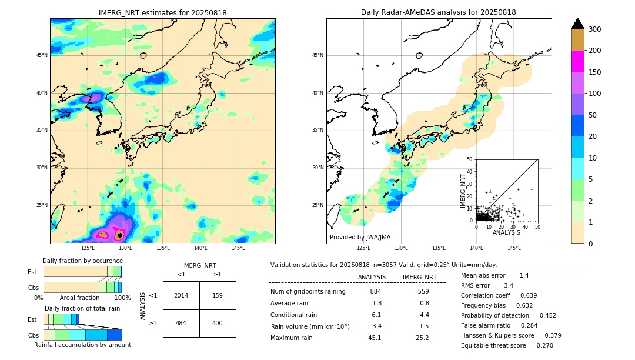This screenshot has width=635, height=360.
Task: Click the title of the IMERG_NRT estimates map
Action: [x=162, y=12]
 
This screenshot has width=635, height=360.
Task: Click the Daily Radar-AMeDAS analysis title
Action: [x=438, y=12]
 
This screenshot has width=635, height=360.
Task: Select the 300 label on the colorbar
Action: [x=595, y=29]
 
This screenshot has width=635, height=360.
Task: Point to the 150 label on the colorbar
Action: [x=595, y=72]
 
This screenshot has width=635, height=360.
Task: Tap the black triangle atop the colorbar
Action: [x=578, y=24]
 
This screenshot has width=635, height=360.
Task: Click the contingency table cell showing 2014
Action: [x=181, y=295]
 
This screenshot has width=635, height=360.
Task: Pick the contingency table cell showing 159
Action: [x=218, y=295]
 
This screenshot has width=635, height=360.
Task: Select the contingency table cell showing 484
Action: [x=181, y=323]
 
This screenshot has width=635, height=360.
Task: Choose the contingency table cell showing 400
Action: [x=218, y=323]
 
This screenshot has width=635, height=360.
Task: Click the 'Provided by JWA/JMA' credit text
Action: [x=360, y=237]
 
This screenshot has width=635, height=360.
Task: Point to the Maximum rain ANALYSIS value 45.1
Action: [x=375, y=338]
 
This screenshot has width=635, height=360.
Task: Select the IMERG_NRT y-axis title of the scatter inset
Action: [x=463, y=190]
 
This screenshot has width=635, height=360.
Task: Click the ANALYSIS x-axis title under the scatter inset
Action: [x=506, y=232]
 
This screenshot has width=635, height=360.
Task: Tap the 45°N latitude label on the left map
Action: [x=42, y=55]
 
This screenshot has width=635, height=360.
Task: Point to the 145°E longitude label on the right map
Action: [x=514, y=248]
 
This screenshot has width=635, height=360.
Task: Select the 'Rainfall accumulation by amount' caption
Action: [x=83, y=345]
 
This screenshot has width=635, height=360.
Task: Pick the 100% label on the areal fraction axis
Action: [x=122, y=298]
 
